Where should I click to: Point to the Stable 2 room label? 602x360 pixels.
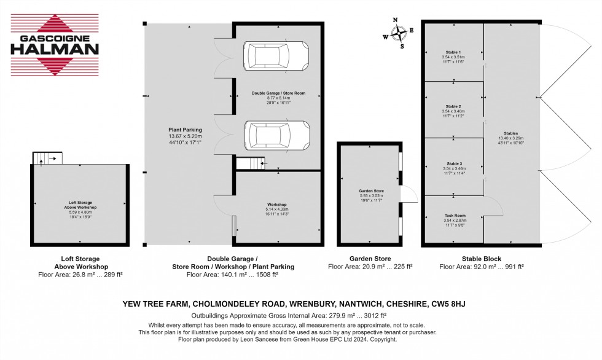coord(453,110)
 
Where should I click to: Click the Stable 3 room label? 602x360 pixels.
coord(453,166)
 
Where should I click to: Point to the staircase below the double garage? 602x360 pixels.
coord(249,163)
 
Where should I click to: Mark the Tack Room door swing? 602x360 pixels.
coord(492,206)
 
